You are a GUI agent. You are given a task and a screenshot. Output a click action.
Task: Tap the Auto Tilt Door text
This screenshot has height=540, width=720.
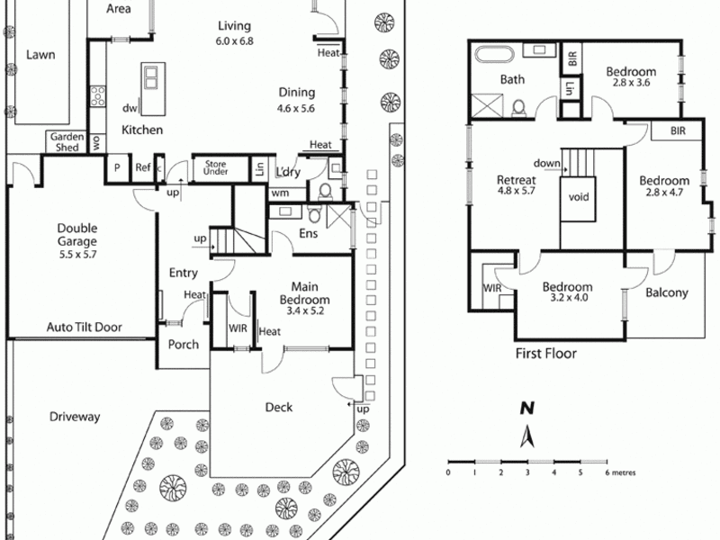coord(84,328)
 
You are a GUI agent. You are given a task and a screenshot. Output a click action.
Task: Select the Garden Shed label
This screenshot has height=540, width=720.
coord(67,143)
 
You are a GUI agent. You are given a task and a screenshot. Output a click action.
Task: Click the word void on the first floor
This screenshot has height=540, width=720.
coord(579,196)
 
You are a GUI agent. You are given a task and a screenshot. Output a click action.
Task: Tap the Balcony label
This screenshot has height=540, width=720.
coord(667,292)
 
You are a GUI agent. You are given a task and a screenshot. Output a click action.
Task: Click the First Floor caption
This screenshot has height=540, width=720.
coord(545,353)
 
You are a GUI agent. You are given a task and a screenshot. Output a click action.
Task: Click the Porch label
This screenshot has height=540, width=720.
coord(184,344)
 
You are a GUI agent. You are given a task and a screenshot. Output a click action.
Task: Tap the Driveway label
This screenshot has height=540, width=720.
coord(75,418)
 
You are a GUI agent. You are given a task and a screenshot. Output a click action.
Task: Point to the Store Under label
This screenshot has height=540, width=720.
coord(217,167)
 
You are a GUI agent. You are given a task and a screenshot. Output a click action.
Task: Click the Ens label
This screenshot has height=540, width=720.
coord(307,236)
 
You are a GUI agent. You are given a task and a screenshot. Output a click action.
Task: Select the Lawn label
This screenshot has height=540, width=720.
coord(40,54)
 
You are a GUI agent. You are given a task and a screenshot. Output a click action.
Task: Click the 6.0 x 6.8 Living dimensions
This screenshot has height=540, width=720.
coord(234,41)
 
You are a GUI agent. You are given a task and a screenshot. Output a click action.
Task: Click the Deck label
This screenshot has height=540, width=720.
coord(279,407)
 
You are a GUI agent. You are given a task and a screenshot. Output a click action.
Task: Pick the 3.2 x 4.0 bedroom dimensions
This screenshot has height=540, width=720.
coord(567,301)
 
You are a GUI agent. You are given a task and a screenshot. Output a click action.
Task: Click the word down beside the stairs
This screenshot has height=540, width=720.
coord(545,164)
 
